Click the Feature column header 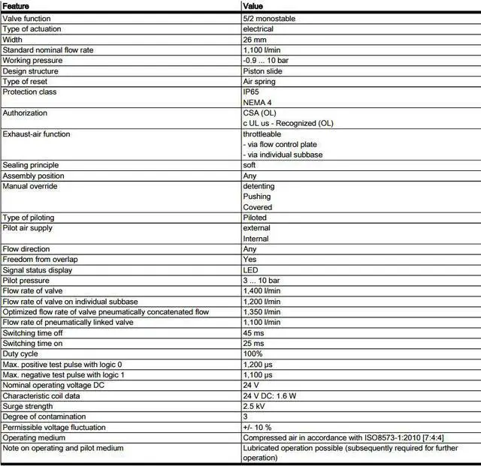click(x=17, y=6)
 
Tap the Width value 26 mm click(x=255, y=39)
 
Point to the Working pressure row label click(x=32, y=60)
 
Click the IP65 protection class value click(x=251, y=92)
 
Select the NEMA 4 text click(x=256, y=102)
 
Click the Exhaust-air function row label click(x=36, y=134)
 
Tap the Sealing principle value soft click(x=250, y=165)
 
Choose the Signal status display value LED click(x=250, y=270)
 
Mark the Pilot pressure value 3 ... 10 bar click(x=262, y=281)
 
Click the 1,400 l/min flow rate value click(x=262, y=291)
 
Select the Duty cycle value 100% click(x=253, y=354)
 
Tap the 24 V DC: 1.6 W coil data click(x=270, y=395)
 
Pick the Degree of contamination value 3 click(x=245, y=416)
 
